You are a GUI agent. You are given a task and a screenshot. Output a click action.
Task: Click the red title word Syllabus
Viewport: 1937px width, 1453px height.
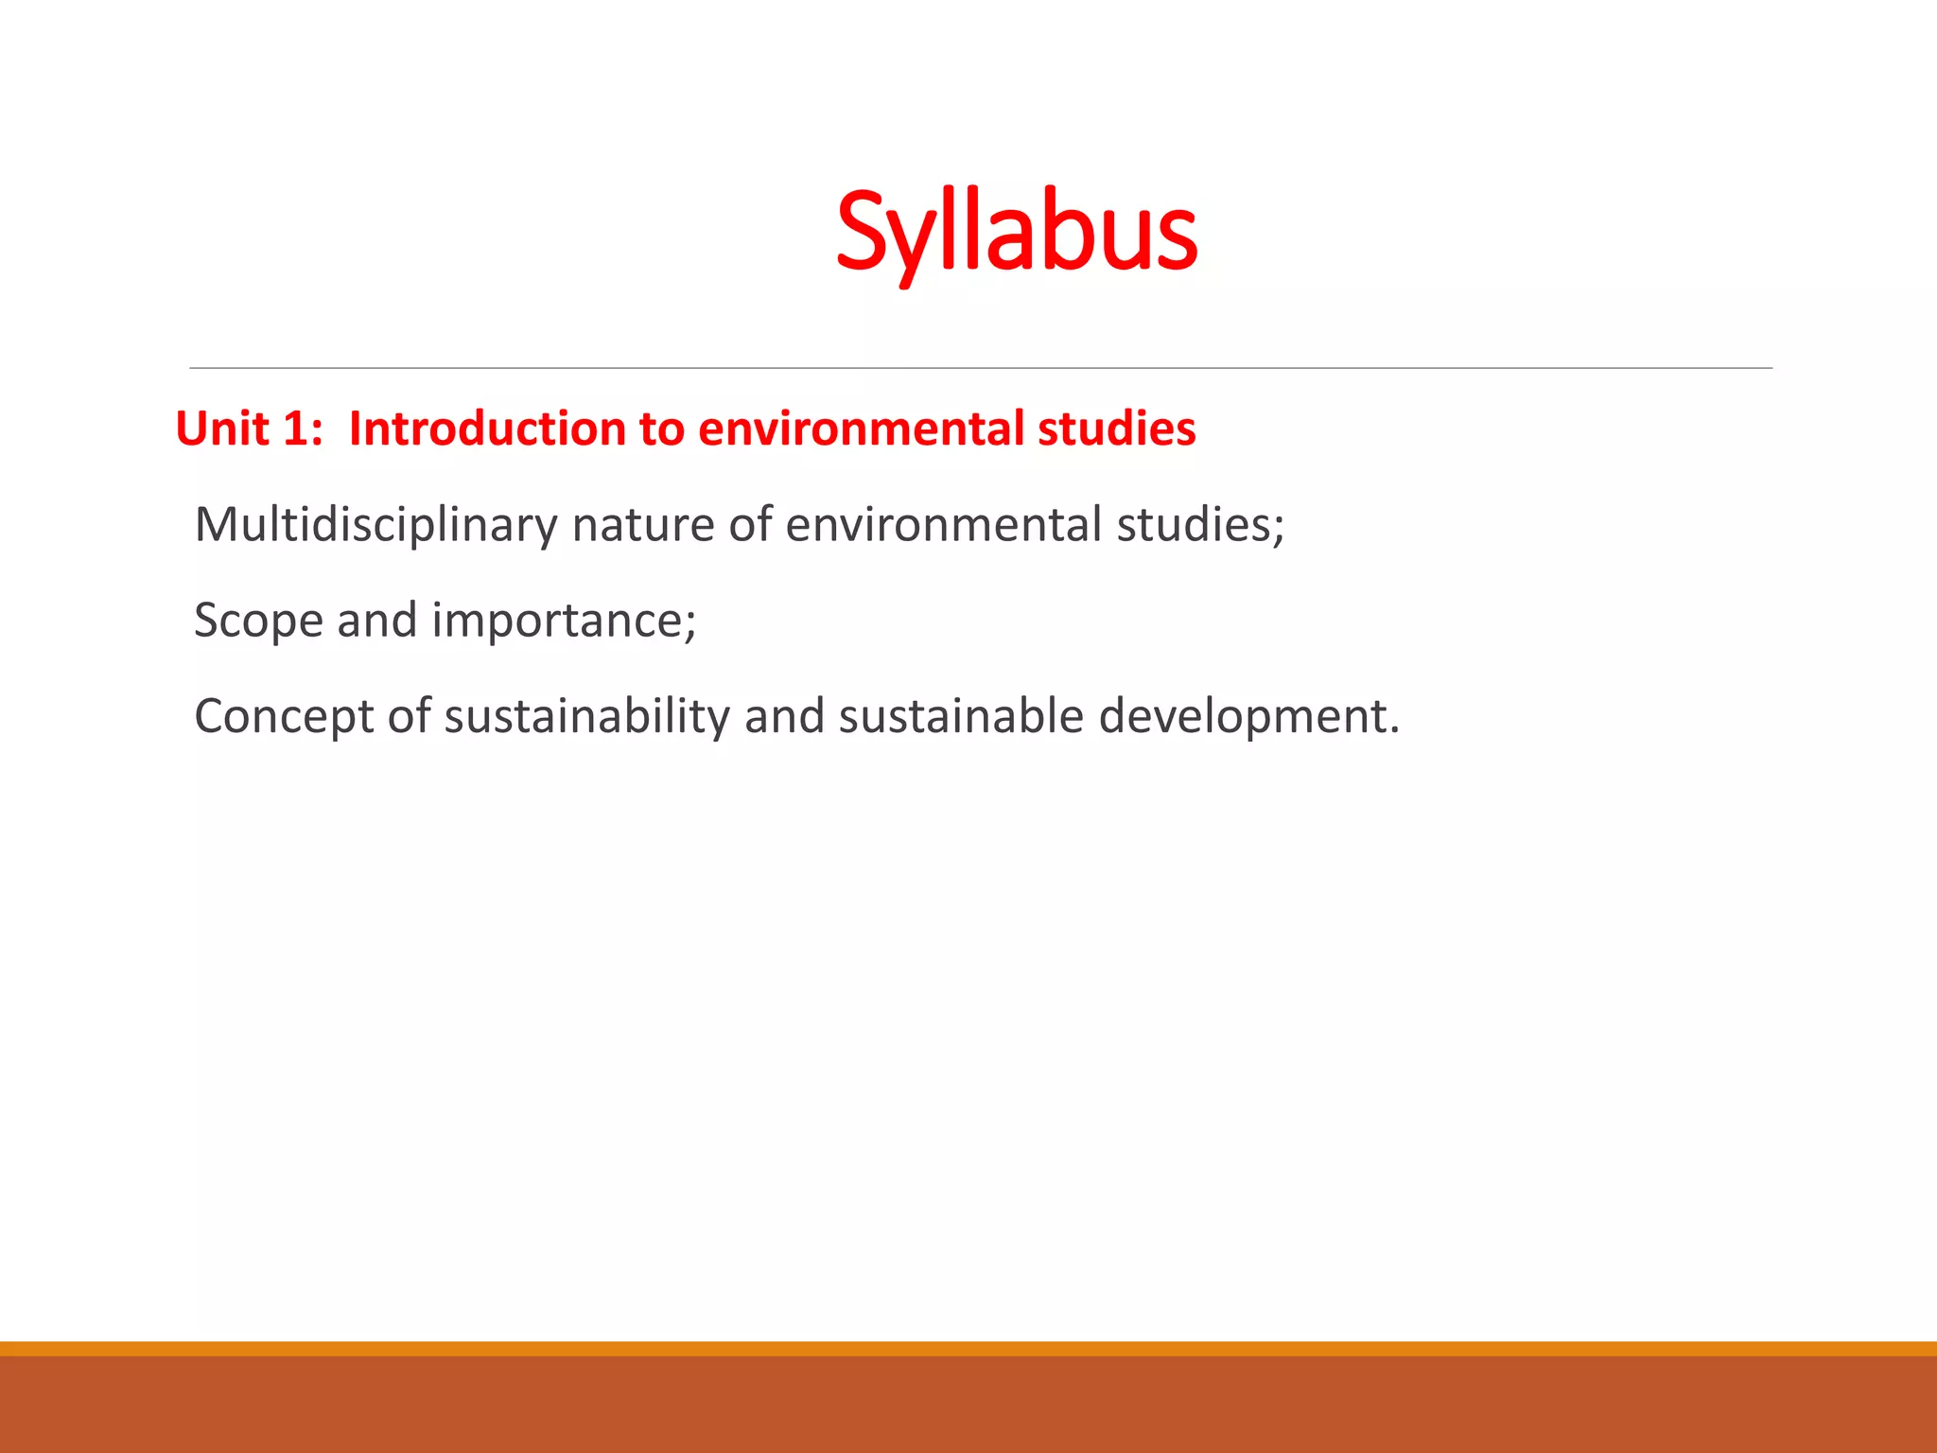(x=1017, y=232)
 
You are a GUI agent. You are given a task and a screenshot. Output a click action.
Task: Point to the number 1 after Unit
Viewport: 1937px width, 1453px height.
(x=294, y=429)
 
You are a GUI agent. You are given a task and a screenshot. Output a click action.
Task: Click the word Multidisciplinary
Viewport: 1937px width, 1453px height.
(x=375, y=525)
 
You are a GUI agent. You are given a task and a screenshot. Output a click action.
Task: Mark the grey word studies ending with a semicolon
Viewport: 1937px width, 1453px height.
(x=1199, y=525)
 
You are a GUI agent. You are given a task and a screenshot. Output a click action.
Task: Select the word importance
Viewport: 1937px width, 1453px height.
(x=564, y=621)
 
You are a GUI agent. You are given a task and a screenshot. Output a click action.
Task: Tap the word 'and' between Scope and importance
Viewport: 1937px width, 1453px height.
(x=376, y=621)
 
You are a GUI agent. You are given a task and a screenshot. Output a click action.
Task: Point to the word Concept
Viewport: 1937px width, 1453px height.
(x=284, y=717)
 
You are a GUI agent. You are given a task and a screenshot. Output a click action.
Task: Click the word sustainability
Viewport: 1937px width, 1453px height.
(x=586, y=717)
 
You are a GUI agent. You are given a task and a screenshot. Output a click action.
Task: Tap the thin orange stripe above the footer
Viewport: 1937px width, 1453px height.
(x=968, y=1348)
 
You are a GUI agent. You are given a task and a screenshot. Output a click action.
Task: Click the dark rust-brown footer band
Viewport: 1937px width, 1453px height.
(x=968, y=1406)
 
